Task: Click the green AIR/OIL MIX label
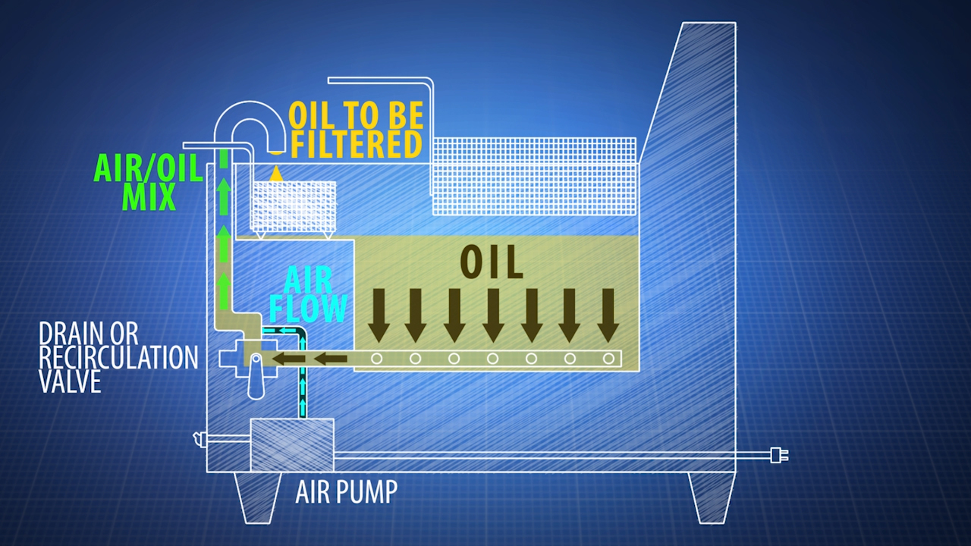[x=147, y=182]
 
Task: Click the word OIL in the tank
[x=492, y=262]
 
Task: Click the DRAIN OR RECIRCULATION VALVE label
[x=118, y=357]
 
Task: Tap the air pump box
[x=291, y=444]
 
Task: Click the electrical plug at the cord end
[x=778, y=455]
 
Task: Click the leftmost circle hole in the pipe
[x=377, y=359]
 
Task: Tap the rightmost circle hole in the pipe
[x=608, y=359]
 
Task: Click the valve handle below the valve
[x=256, y=379]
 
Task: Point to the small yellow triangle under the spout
[x=276, y=174]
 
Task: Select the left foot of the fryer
[x=253, y=497]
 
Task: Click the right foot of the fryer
[x=711, y=497]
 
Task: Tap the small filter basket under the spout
[x=294, y=206]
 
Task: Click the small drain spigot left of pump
[x=200, y=437]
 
